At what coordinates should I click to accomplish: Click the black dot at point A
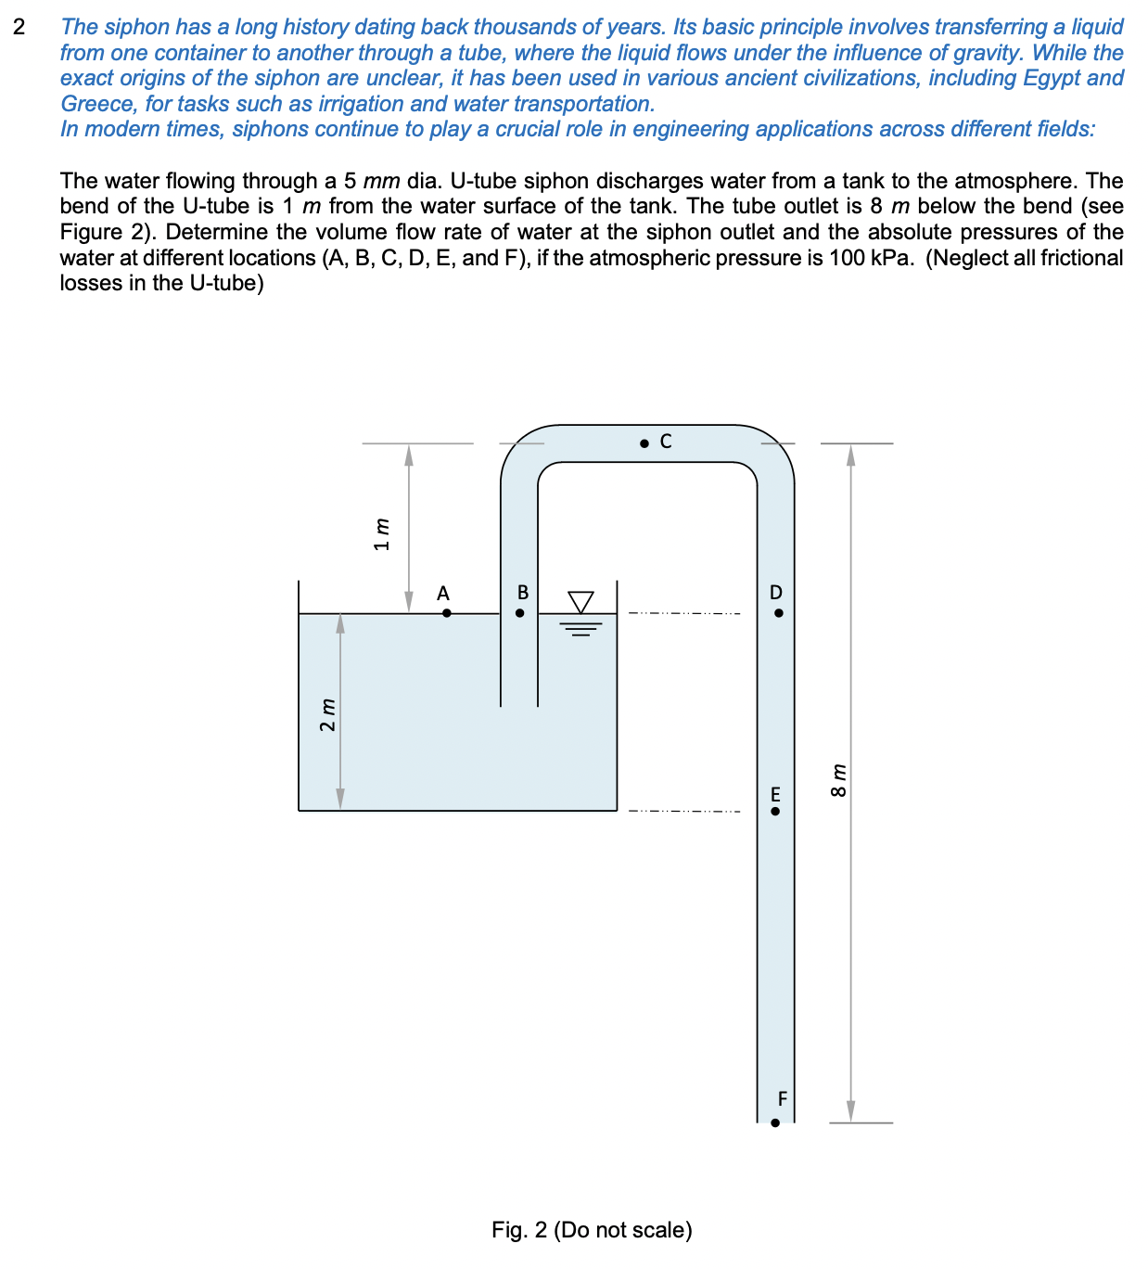446,613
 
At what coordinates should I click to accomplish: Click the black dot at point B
520,613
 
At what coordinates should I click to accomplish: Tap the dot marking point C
644,443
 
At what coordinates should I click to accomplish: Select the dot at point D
778,613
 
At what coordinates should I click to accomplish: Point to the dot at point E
775,811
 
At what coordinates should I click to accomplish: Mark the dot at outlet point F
775,1122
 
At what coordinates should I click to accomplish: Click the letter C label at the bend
665,442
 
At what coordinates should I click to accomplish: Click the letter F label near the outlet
782,1099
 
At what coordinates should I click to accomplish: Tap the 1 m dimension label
381,534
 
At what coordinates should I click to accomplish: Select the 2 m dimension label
326,714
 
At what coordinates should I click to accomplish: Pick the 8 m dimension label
837,780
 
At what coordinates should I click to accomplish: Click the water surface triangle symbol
580,602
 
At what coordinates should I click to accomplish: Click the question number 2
19,27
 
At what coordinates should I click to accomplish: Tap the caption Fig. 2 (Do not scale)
592,1230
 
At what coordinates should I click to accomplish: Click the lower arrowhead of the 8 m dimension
850,1111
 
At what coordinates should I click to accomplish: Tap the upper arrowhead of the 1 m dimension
409,455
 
